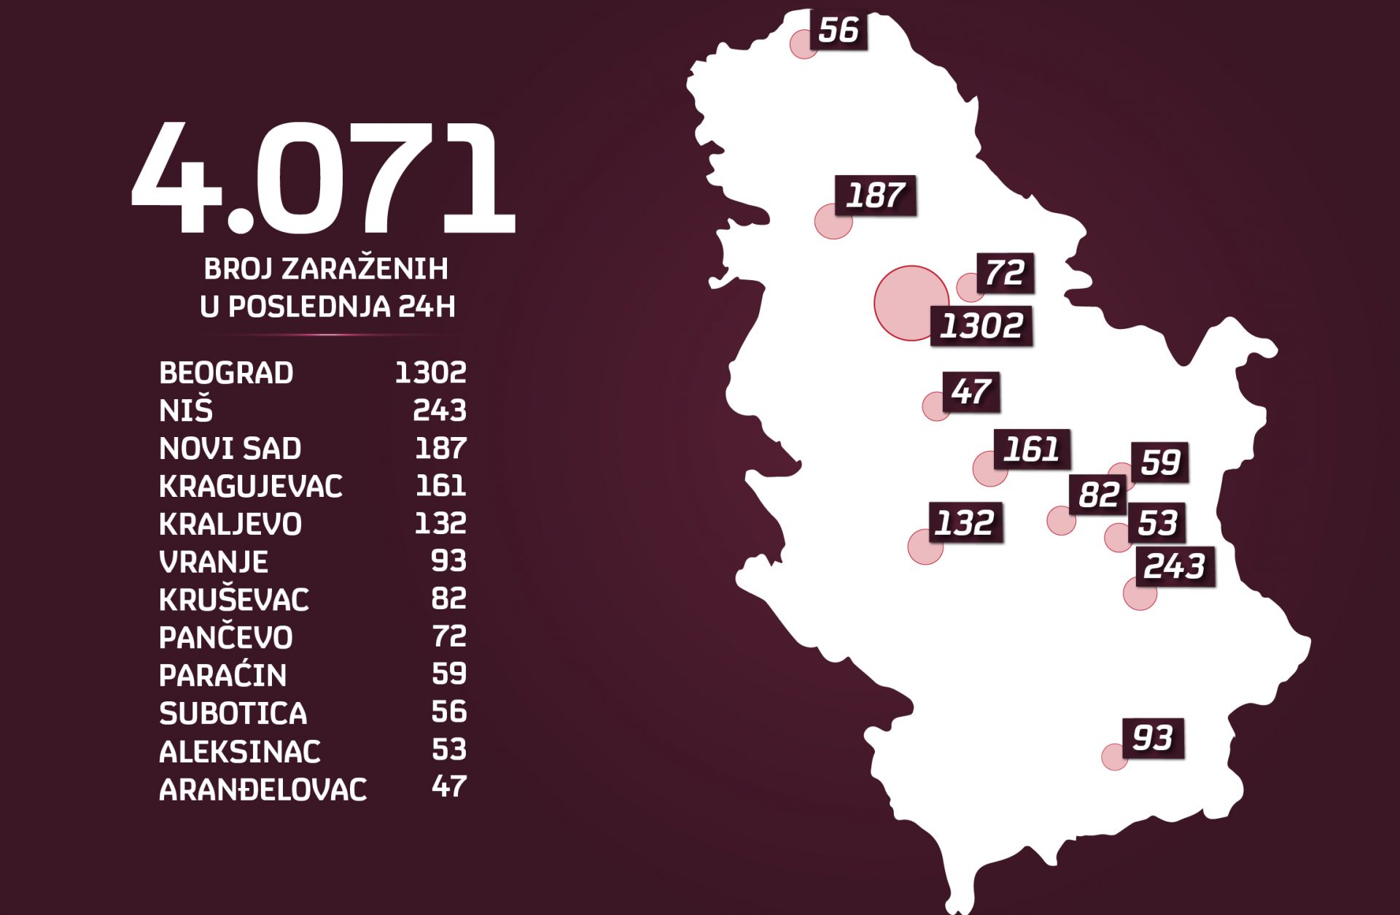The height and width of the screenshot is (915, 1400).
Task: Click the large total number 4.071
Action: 323,179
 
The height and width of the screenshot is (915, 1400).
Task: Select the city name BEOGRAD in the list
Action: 226,373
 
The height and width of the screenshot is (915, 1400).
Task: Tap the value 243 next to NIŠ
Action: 439,410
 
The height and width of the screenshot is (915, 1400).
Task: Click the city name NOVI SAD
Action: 230,448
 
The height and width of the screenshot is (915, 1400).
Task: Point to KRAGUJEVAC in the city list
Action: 250,486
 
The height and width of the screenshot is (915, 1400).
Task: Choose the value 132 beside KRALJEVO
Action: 440,523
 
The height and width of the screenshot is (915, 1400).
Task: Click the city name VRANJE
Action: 214,562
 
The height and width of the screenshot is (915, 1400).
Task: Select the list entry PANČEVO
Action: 226,638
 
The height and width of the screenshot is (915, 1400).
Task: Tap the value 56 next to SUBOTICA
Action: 448,711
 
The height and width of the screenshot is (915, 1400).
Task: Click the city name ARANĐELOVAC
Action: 262,789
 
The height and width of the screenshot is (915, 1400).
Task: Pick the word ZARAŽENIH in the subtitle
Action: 365,269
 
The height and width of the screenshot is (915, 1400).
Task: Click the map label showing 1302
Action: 981,325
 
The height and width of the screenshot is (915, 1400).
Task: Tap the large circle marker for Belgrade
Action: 910,303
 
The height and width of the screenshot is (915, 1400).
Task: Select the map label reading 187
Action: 875,196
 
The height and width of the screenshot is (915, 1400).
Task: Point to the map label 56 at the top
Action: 839,30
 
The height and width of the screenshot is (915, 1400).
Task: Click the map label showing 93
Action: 1152,738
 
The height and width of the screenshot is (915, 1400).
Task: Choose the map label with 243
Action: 1175,566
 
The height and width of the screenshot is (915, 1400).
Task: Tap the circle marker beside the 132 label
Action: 925,547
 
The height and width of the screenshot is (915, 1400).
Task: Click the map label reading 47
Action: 971,392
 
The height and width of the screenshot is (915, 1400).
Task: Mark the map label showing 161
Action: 1031,449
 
